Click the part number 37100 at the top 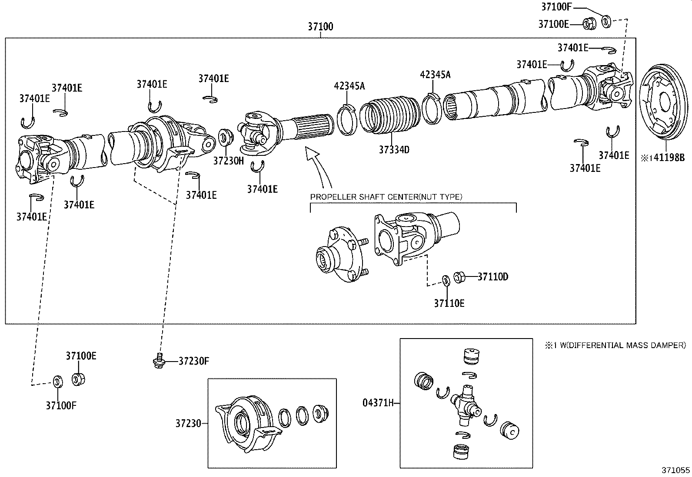pyautogui.click(x=320, y=26)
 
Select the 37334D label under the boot pyautogui.click(x=394, y=150)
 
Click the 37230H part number pyautogui.click(x=229, y=161)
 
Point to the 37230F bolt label pyautogui.click(x=194, y=361)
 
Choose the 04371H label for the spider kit pyautogui.click(x=378, y=403)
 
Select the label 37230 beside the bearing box pyautogui.click(x=188, y=423)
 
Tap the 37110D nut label pyautogui.click(x=492, y=276)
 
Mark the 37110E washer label pyautogui.click(x=449, y=303)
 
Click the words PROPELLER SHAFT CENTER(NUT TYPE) pyautogui.click(x=386, y=197)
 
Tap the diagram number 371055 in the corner pyautogui.click(x=675, y=470)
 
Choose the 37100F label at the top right pyautogui.click(x=556, y=7)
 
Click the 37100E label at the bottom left pyautogui.click(x=81, y=356)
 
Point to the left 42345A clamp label pyautogui.click(x=349, y=86)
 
